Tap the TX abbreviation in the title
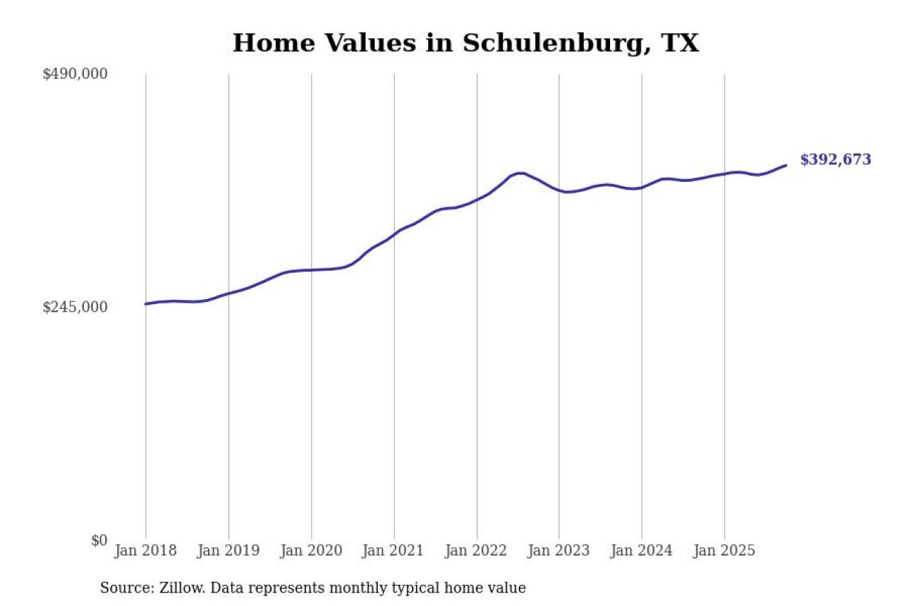click(x=680, y=44)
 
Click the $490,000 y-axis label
click(x=75, y=74)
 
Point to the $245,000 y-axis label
click(x=75, y=307)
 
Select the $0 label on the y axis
click(x=99, y=540)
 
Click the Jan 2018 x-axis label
click(x=146, y=551)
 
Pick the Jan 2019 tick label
click(x=228, y=551)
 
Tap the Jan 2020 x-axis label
click(x=311, y=551)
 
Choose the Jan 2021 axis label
click(x=393, y=551)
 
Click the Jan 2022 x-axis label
click(x=477, y=551)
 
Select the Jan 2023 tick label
click(x=559, y=551)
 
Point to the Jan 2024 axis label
click(x=641, y=551)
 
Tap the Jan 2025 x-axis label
click(x=724, y=551)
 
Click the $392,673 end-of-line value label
click(x=835, y=160)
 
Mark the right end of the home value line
click(x=785, y=166)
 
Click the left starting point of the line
click(x=146, y=304)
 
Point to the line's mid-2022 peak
click(x=521, y=173)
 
